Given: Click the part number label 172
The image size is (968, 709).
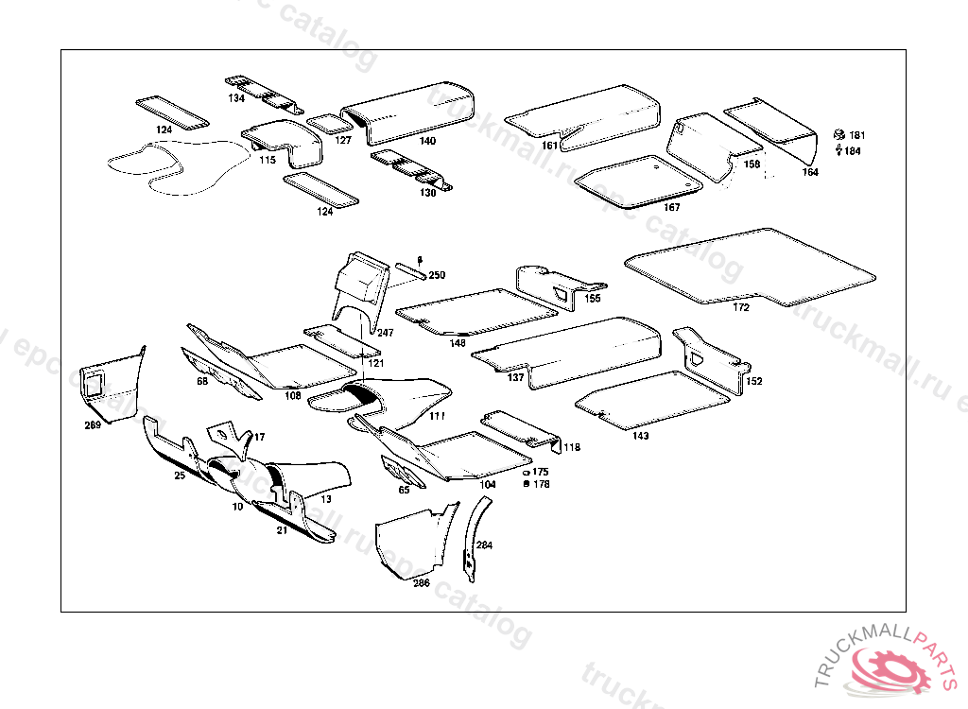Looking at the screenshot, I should click(741, 307).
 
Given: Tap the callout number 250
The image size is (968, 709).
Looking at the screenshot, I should click(437, 276).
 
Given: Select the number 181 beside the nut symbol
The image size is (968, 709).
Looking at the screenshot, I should click(856, 135).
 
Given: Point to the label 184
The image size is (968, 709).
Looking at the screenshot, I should click(853, 151).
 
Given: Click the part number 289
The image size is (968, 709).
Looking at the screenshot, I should click(92, 425).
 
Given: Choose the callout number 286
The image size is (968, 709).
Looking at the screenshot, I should click(421, 583).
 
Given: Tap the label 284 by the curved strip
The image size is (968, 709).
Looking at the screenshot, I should click(484, 545).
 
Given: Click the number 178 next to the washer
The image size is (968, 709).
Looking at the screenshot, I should click(541, 484).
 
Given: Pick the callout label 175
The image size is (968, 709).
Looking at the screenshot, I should click(541, 471).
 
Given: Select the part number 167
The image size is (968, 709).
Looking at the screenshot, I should click(671, 207).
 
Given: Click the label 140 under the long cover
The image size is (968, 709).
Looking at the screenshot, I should click(428, 141).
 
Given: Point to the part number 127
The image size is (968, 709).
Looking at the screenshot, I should click(343, 140).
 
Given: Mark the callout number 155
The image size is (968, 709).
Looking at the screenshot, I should click(593, 298).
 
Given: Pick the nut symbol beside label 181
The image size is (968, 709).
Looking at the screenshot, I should click(838, 134).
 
